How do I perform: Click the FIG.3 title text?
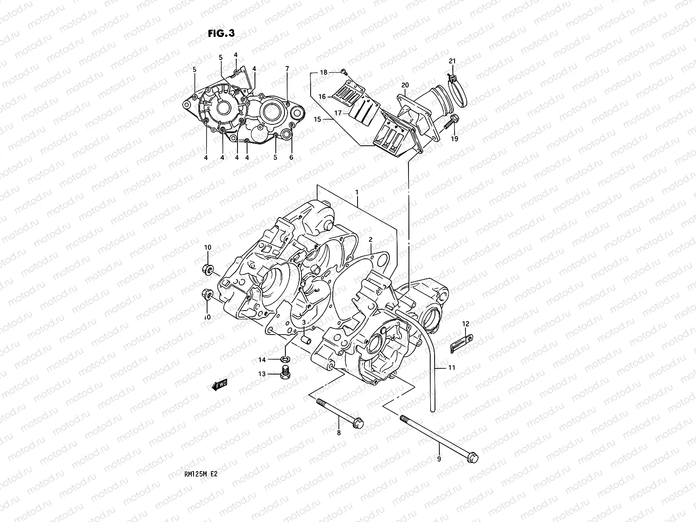click(221, 34)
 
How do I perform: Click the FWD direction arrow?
click(220, 384)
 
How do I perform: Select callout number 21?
click(452, 60)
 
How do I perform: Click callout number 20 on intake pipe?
click(405, 85)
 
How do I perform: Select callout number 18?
click(324, 73)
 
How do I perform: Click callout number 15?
click(317, 119)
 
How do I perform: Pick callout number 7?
click(287, 69)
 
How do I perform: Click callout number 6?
click(291, 157)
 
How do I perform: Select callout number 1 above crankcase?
click(357, 192)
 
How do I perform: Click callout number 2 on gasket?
click(371, 239)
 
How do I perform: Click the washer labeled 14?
click(286, 359)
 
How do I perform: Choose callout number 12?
click(466, 324)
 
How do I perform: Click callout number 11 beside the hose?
click(452, 368)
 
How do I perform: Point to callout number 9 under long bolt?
click(439, 458)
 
